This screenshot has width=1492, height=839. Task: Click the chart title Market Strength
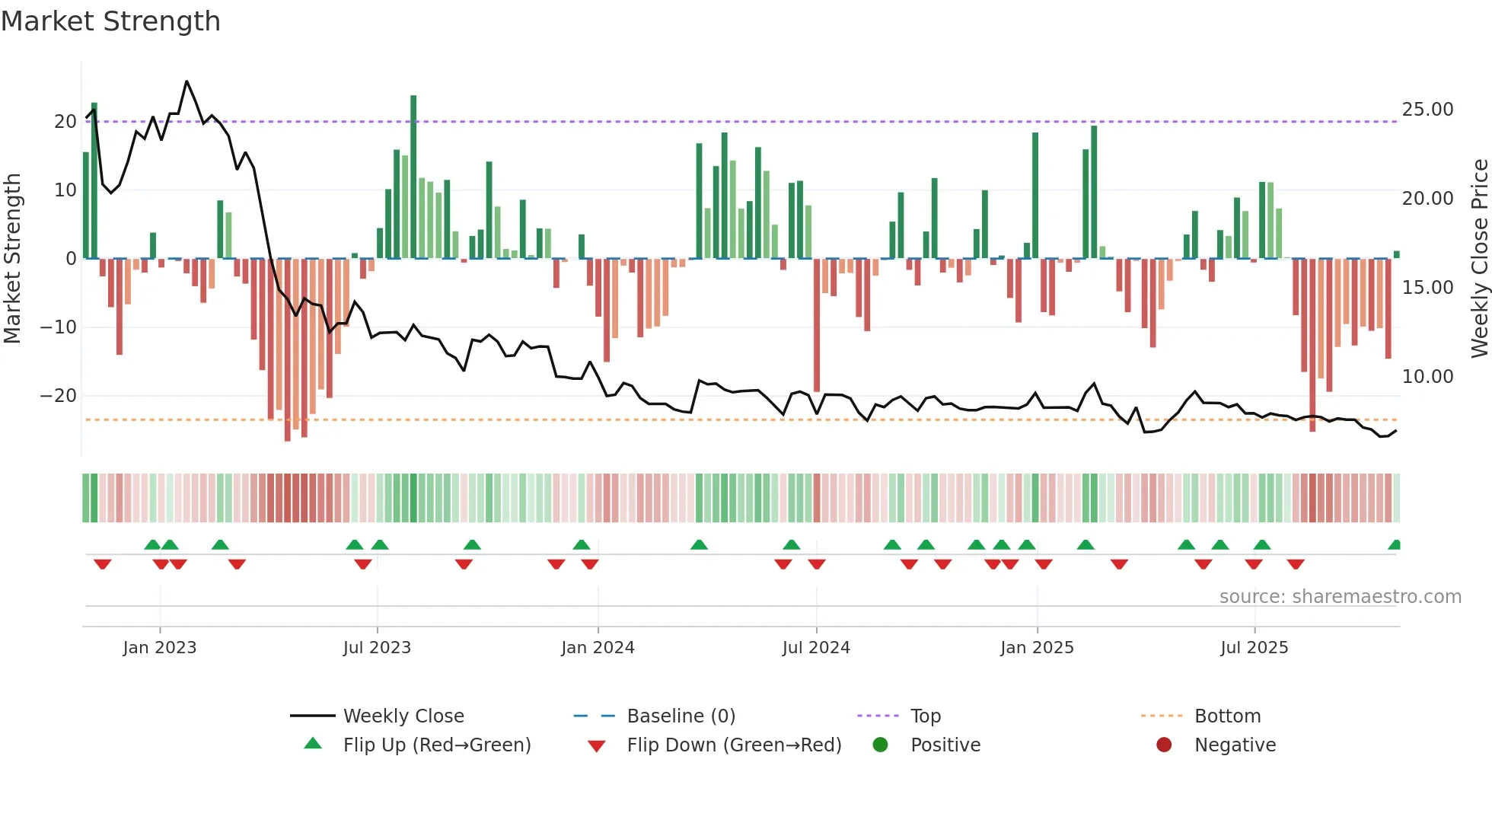point(111,21)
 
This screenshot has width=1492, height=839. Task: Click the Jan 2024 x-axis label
point(598,648)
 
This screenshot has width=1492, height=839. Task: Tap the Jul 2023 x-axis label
point(377,648)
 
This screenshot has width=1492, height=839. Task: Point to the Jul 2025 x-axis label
point(1254,648)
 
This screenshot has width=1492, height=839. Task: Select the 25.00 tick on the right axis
point(1427,110)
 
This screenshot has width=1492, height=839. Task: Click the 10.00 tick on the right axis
point(1427,377)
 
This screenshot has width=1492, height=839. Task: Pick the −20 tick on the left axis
point(59,396)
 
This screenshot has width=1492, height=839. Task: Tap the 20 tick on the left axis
point(65,122)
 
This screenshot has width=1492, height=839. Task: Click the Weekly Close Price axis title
point(1479,259)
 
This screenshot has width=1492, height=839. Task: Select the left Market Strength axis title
point(13,259)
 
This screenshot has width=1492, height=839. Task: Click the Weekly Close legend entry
point(403,716)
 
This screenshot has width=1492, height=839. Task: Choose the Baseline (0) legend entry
point(681,716)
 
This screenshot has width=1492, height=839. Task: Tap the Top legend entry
point(925,716)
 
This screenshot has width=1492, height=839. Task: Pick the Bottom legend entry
point(1227,716)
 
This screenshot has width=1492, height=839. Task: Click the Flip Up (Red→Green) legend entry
point(436,745)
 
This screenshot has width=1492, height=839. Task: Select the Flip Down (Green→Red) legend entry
point(734,745)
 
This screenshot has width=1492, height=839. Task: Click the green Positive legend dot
point(880,745)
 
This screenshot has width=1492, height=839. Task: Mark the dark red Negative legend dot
point(1164,745)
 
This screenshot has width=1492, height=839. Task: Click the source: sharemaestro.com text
point(1340,597)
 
